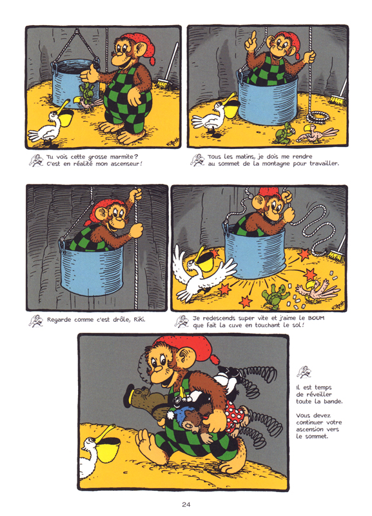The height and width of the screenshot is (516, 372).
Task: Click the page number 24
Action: tap(186, 504)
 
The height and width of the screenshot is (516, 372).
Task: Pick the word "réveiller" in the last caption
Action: tap(313, 394)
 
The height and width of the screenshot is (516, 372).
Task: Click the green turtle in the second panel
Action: tap(282, 136)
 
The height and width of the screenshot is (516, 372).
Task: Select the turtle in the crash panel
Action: tap(275, 293)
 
